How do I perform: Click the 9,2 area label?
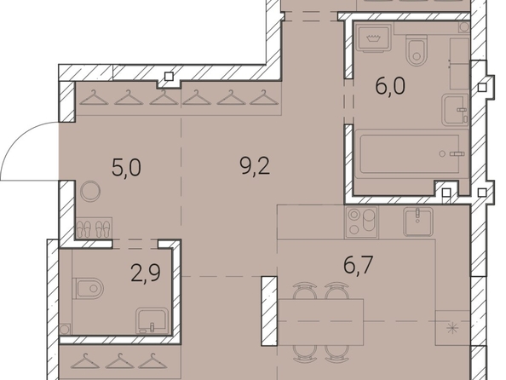tap(255, 167)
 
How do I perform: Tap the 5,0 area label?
tap(126, 168)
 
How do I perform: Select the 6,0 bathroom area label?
tap(390, 86)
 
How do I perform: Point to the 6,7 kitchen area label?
tap(359, 265)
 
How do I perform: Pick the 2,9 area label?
tap(146, 273)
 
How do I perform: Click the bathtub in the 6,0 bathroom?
tap(410, 154)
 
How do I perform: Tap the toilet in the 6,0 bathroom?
tap(417, 50)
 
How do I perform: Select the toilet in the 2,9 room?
tap(89, 288)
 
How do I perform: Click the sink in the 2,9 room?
tap(152, 320)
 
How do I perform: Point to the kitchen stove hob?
tap(361, 222)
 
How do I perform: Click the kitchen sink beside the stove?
tap(418, 222)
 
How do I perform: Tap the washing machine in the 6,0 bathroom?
tap(373, 38)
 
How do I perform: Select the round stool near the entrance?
tap(90, 192)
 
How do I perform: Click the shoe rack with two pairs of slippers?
tap(94, 228)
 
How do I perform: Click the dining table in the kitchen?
tap(321, 322)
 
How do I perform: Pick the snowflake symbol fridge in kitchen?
tap(452, 328)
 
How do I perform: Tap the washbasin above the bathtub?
tap(455, 110)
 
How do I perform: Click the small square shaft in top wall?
tap(170, 77)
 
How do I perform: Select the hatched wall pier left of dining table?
tap(269, 311)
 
